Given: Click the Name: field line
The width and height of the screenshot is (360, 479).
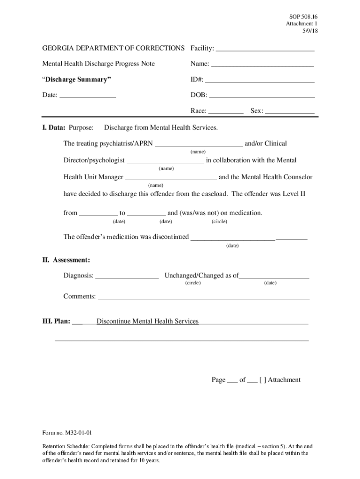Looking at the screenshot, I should point(262,64).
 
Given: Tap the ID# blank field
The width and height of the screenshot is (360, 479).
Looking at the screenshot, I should point(259,80).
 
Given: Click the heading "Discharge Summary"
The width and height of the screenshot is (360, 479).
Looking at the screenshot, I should point(77,80).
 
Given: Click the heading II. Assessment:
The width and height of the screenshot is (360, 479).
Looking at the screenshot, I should point(66,260).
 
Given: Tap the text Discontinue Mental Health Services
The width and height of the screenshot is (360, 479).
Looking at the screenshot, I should point(147,321).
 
